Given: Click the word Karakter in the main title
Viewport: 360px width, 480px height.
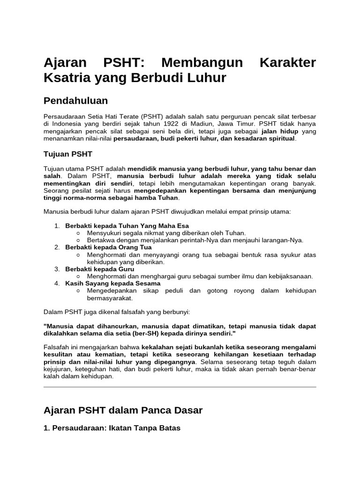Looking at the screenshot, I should (x=287, y=62).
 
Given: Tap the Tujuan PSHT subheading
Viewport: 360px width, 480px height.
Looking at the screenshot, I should (x=68, y=154).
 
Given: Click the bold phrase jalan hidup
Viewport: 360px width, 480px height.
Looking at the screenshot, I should (x=280, y=131).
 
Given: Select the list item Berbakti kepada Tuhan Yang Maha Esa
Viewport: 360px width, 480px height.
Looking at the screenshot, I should (x=127, y=226).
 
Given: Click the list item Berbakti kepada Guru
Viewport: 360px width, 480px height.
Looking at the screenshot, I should (x=100, y=269).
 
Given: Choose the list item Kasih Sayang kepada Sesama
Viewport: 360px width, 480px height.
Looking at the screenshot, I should (x=113, y=283).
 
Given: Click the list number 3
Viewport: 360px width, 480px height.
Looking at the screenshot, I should (x=57, y=269).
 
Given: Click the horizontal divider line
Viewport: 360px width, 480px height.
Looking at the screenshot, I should (x=180, y=387).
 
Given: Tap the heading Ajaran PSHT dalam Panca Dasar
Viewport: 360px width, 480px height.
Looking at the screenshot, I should (x=123, y=410).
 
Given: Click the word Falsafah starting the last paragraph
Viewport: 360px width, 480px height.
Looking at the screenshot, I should (x=57, y=347).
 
